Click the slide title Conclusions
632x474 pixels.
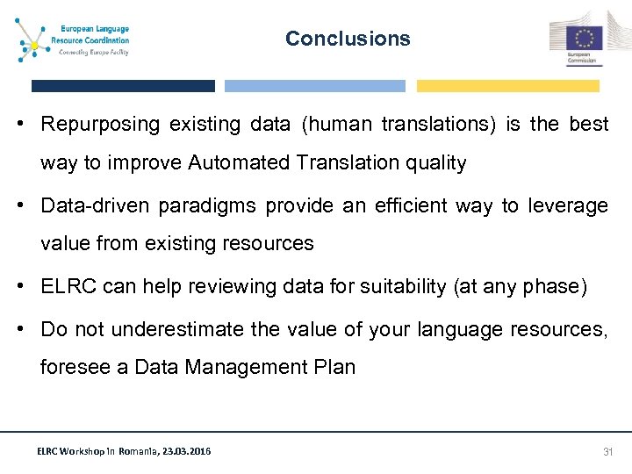click(348, 39)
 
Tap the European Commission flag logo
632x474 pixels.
click(582, 40)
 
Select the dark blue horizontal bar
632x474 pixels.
click(123, 86)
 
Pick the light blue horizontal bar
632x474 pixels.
click(315, 86)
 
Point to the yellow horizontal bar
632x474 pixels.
click(507, 86)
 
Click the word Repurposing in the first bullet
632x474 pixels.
click(101, 125)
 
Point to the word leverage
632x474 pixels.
click(567, 205)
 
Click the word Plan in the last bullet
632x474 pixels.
click(336, 368)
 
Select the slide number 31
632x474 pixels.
click(607, 451)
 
